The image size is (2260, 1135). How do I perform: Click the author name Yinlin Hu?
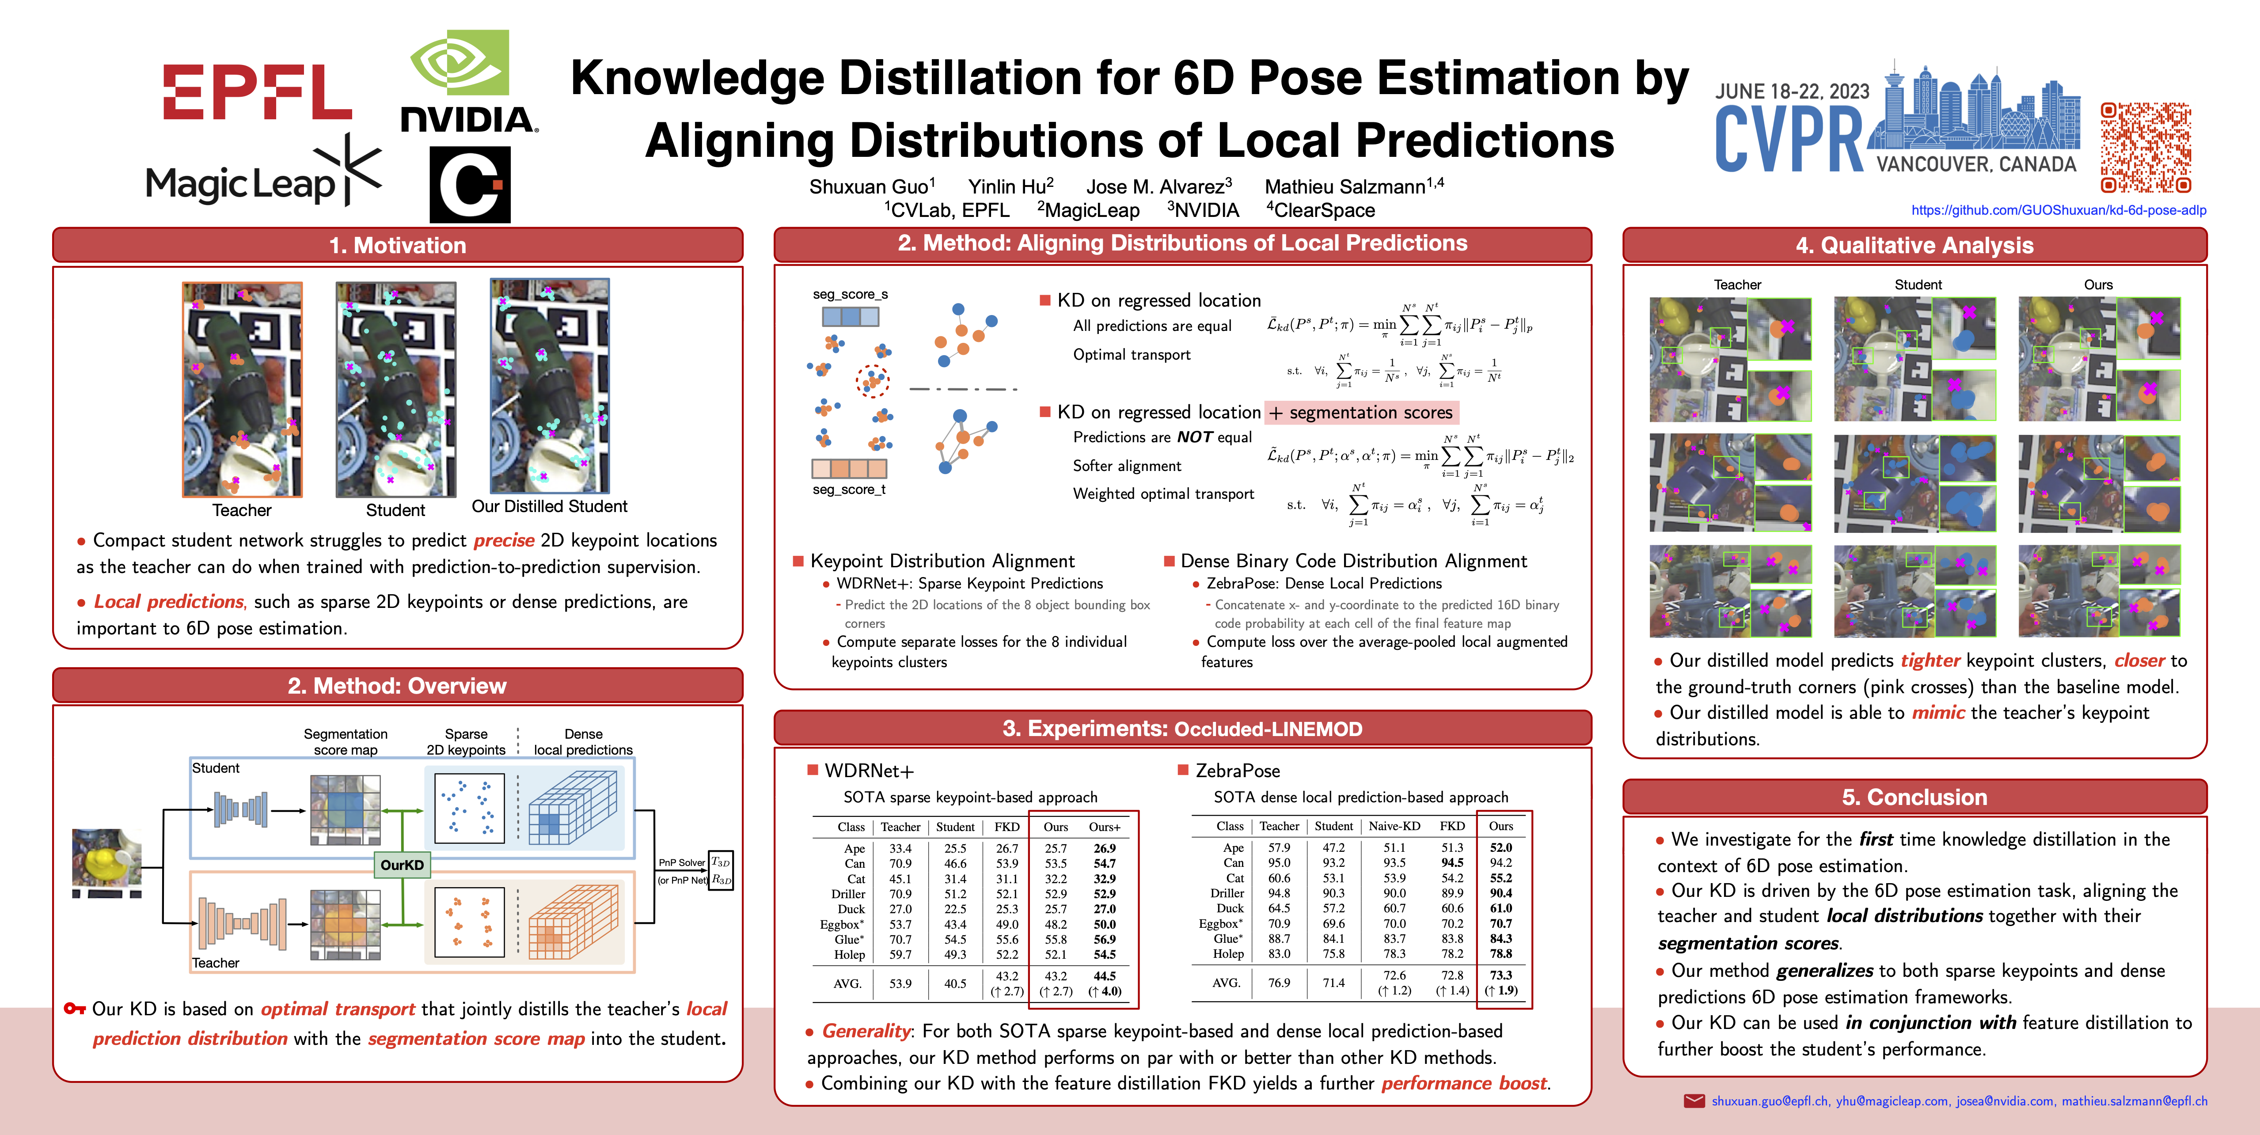coord(1010,187)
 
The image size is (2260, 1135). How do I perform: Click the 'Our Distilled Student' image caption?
coord(549,506)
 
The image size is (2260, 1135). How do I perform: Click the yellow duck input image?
coord(106,858)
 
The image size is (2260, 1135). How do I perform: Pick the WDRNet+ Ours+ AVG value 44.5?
coord(1105,976)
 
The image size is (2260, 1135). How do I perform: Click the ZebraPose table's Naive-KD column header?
coord(1394,826)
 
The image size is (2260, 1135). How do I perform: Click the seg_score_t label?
coord(848,490)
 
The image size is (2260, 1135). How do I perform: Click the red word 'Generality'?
coord(866,1032)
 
